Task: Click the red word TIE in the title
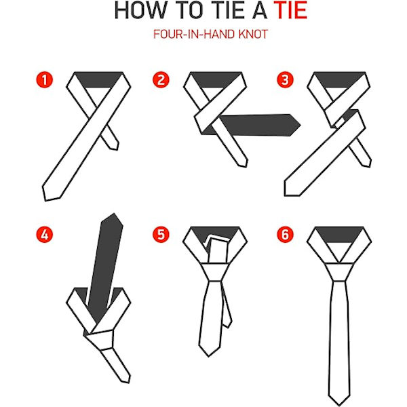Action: click(290, 10)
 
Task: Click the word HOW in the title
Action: click(141, 10)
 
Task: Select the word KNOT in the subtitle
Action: click(253, 35)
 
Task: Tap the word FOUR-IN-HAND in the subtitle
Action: click(194, 35)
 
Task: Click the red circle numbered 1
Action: click(45, 79)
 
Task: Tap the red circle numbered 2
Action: click(161, 79)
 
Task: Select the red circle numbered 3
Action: click(285, 79)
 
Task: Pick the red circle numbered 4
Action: click(45, 235)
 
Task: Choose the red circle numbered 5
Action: click(161, 235)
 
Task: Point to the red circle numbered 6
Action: click(285, 235)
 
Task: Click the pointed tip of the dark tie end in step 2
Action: click(301, 125)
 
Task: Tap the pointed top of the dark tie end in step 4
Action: click(114, 214)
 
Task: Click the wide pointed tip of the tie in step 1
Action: click(45, 200)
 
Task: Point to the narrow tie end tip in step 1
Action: click(117, 149)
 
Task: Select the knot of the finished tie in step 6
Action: click(339, 272)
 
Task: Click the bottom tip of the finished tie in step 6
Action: click(338, 405)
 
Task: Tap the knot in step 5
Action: click(215, 272)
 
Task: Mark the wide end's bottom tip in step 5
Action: click(209, 356)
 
